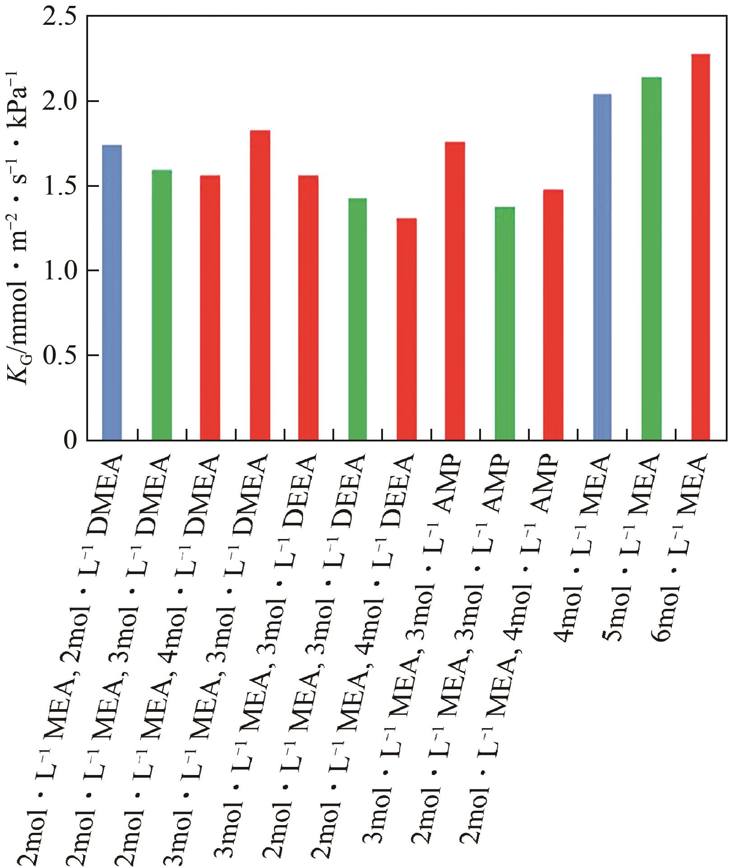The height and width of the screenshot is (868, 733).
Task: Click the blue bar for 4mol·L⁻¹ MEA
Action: click(602, 267)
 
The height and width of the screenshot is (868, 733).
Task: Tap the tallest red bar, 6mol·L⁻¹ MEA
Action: click(700, 246)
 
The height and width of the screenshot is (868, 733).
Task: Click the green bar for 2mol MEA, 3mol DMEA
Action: click(162, 305)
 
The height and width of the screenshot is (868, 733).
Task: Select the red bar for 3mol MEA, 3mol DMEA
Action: click(260, 285)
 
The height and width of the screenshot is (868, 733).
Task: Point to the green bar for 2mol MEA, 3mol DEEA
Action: click(357, 319)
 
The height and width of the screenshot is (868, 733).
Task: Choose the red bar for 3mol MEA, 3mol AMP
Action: click(455, 291)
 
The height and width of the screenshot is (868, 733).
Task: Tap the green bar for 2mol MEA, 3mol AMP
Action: click(504, 323)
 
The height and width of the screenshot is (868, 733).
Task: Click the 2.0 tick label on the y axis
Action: click(59, 102)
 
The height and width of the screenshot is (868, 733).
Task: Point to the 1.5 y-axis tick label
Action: click(59, 186)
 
